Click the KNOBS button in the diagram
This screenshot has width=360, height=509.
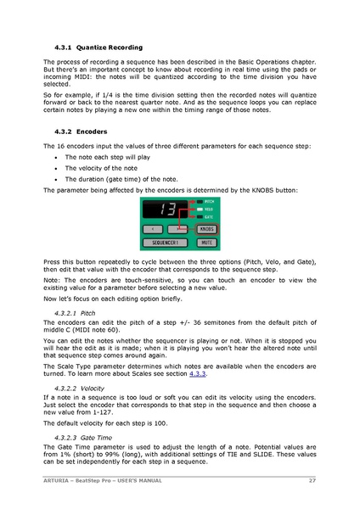205,229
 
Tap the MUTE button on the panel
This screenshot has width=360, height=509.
205,243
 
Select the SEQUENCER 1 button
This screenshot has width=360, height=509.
166,243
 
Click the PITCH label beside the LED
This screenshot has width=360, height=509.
210,202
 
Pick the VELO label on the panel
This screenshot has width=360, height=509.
209,209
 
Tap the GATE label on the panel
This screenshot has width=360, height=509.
209,216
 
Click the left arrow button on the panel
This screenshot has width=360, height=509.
153,229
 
